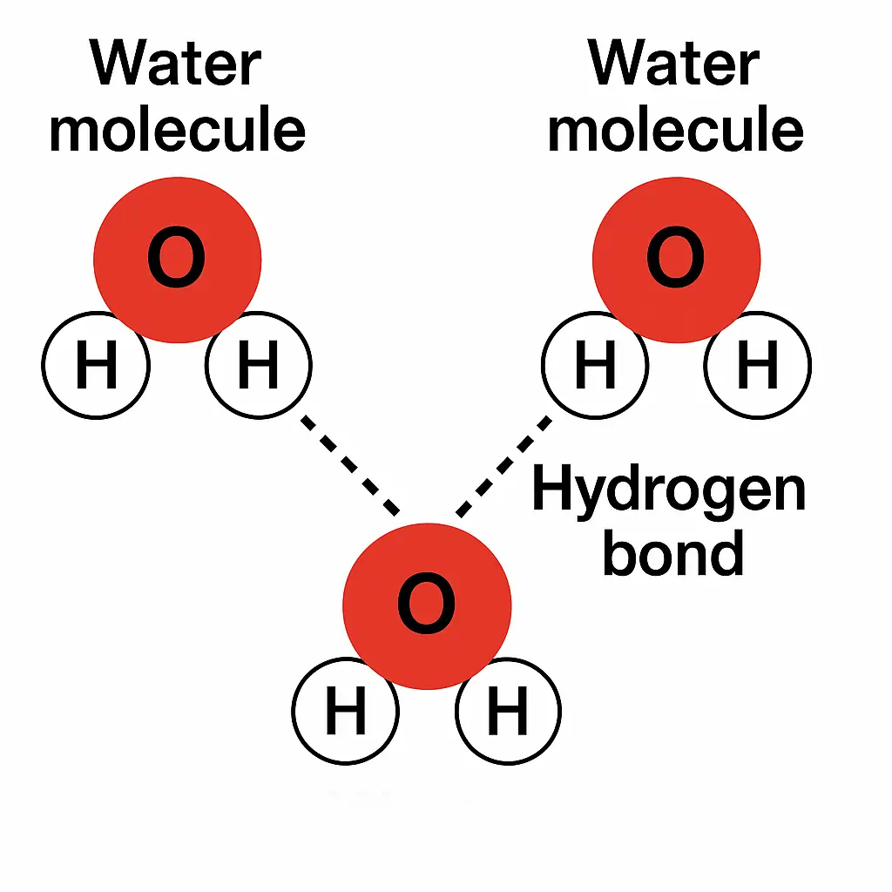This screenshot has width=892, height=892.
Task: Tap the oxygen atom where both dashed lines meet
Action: [427, 605]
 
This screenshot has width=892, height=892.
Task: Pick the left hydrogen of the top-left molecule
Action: [96, 365]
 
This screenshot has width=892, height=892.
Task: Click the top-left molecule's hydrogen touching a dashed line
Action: [259, 365]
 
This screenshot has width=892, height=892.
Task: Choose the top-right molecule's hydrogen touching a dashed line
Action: [596, 365]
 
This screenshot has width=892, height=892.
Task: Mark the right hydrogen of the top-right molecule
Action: [758, 365]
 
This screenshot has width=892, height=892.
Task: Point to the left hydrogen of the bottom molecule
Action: [346, 712]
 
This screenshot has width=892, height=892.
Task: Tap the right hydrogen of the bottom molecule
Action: [508, 712]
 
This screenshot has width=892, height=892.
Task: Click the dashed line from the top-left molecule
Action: [350, 465]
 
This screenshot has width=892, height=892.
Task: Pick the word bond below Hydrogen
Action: [673, 552]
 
